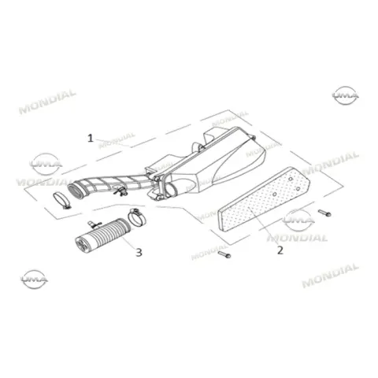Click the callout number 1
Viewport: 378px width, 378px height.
click(91, 138)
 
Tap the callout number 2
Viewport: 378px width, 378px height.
click(280, 250)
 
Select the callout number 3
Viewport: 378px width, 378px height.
click(139, 253)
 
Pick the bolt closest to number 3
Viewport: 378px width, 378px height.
click(224, 254)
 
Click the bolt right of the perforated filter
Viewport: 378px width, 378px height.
click(324, 213)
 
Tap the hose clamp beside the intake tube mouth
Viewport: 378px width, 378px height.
click(62, 201)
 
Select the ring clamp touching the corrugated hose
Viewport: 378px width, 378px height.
click(137, 217)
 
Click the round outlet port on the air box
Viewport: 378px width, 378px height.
click(171, 190)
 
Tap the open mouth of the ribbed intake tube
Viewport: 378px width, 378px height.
click(76, 190)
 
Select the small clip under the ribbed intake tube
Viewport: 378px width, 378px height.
click(120, 191)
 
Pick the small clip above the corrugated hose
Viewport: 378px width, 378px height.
click(94, 224)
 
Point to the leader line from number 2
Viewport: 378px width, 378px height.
click(263, 225)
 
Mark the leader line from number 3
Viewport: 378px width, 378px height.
click(128, 242)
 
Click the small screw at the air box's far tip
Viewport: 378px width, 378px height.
click(254, 137)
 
